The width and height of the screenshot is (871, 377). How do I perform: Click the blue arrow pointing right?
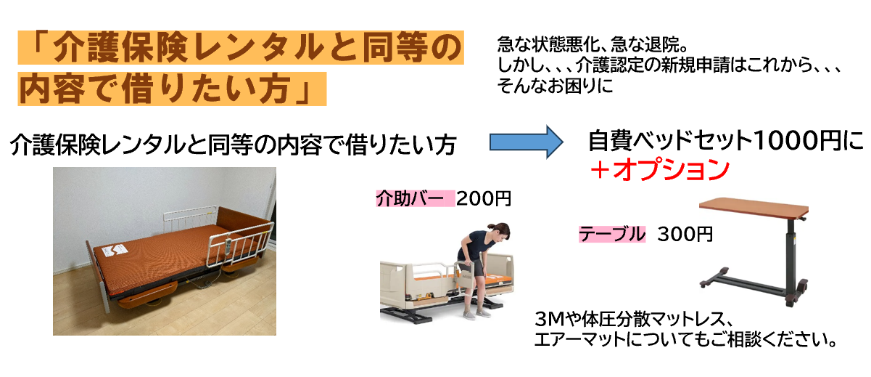point(526,142)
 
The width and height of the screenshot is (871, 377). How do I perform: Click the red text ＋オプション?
point(659,170)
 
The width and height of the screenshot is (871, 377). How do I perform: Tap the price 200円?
point(483,198)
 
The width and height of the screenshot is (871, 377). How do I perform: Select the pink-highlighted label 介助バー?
point(410,198)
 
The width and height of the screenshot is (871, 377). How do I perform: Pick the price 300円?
point(685,234)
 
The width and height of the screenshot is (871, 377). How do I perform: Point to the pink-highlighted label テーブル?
point(612,234)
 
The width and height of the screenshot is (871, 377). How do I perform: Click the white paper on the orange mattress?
point(114,251)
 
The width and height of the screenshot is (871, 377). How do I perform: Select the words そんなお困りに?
point(555,86)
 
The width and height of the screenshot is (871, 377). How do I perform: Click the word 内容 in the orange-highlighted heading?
point(52,89)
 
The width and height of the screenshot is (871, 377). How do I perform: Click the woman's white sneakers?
point(476,312)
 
